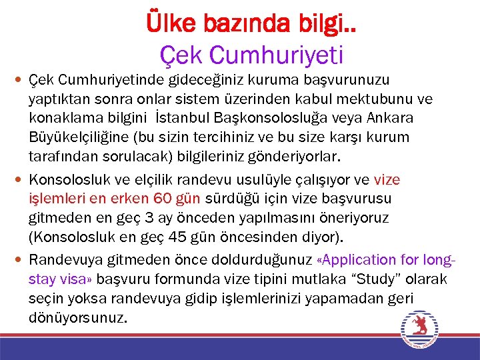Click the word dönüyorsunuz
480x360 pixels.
coord(77,318)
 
